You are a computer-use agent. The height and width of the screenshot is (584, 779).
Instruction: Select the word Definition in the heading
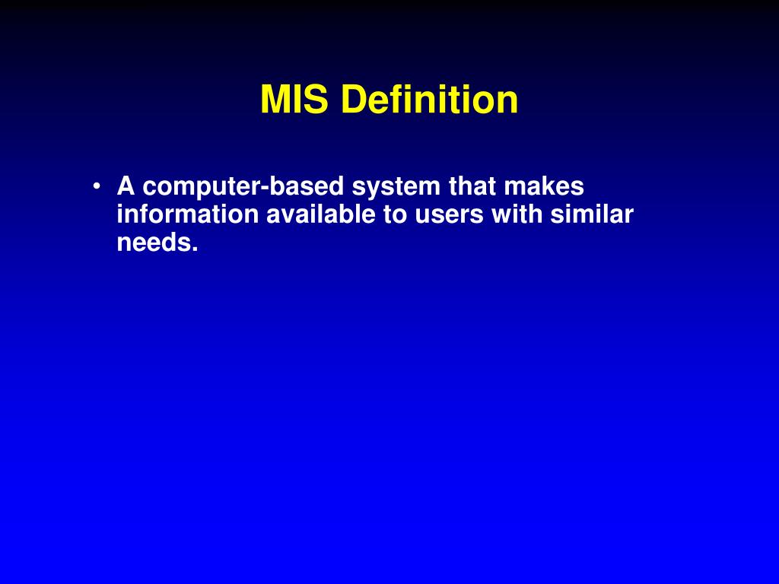(430, 100)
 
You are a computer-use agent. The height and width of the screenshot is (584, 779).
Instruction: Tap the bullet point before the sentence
(97, 186)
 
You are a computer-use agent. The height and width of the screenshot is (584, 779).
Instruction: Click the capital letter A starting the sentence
(126, 186)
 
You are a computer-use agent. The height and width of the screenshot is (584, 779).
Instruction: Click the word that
(472, 186)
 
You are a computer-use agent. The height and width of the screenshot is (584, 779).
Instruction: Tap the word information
(188, 215)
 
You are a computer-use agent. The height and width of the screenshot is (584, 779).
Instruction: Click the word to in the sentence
(395, 216)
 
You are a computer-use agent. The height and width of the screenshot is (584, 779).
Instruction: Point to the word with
(517, 215)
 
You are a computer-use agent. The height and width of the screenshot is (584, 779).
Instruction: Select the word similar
(593, 215)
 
